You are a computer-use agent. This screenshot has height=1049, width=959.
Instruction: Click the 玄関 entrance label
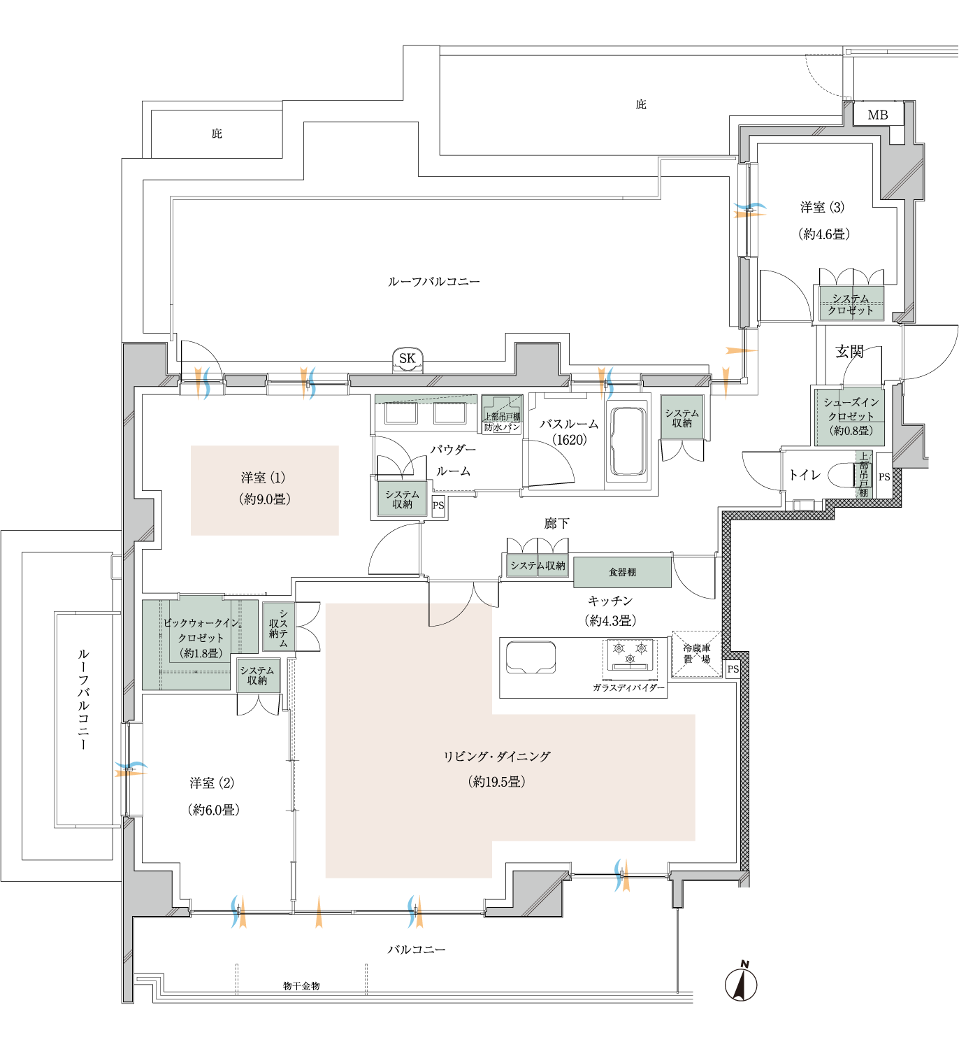click(x=849, y=351)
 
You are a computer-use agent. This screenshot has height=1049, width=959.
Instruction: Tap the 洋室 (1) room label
click(x=264, y=478)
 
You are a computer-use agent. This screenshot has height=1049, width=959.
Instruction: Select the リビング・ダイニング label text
click(x=496, y=757)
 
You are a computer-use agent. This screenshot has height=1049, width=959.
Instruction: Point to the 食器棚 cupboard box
click(x=622, y=572)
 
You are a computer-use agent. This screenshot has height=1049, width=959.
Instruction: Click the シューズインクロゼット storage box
click(x=850, y=417)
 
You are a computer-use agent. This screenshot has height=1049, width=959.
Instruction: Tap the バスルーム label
click(x=569, y=424)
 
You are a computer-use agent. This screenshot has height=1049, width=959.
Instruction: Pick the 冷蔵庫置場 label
click(x=696, y=653)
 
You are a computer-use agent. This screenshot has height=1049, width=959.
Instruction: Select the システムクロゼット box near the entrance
click(x=851, y=304)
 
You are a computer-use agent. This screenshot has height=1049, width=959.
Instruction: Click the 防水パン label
click(x=502, y=427)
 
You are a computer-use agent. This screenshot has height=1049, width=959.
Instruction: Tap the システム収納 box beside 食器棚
click(x=538, y=566)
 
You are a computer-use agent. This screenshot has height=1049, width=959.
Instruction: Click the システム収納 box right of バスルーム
click(x=682, y=418)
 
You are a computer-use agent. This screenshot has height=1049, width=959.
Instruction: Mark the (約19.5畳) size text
click(x=496, y=782)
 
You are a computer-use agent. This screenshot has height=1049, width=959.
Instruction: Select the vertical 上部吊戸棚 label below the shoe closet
click(x=864, y=474)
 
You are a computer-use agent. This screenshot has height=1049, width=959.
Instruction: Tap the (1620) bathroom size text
click(x=569, y=440)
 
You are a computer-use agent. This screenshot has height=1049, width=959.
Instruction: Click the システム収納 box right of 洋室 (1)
click(x=402, y=499)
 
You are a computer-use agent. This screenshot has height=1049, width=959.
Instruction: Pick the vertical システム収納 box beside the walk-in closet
click(x=279, y=627)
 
